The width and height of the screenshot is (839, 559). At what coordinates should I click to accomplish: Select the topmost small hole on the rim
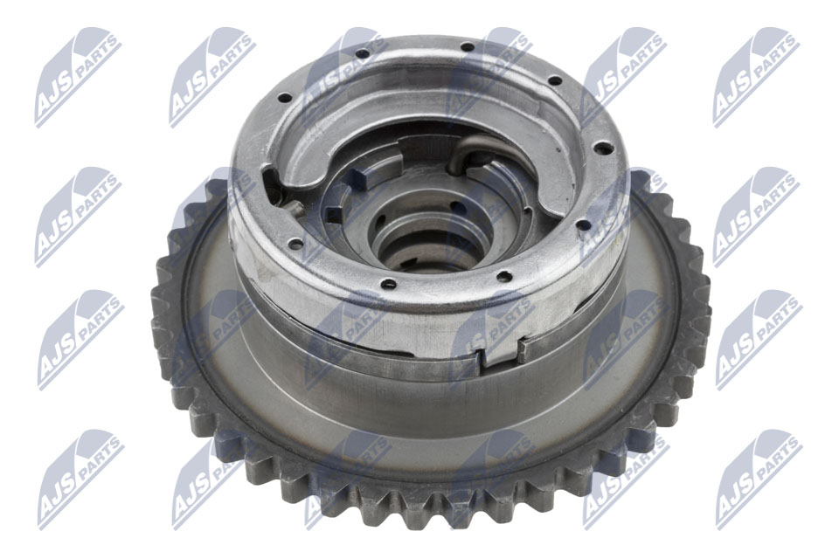(467, 46)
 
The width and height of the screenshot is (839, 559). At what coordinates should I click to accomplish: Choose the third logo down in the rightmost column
(757, 341)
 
